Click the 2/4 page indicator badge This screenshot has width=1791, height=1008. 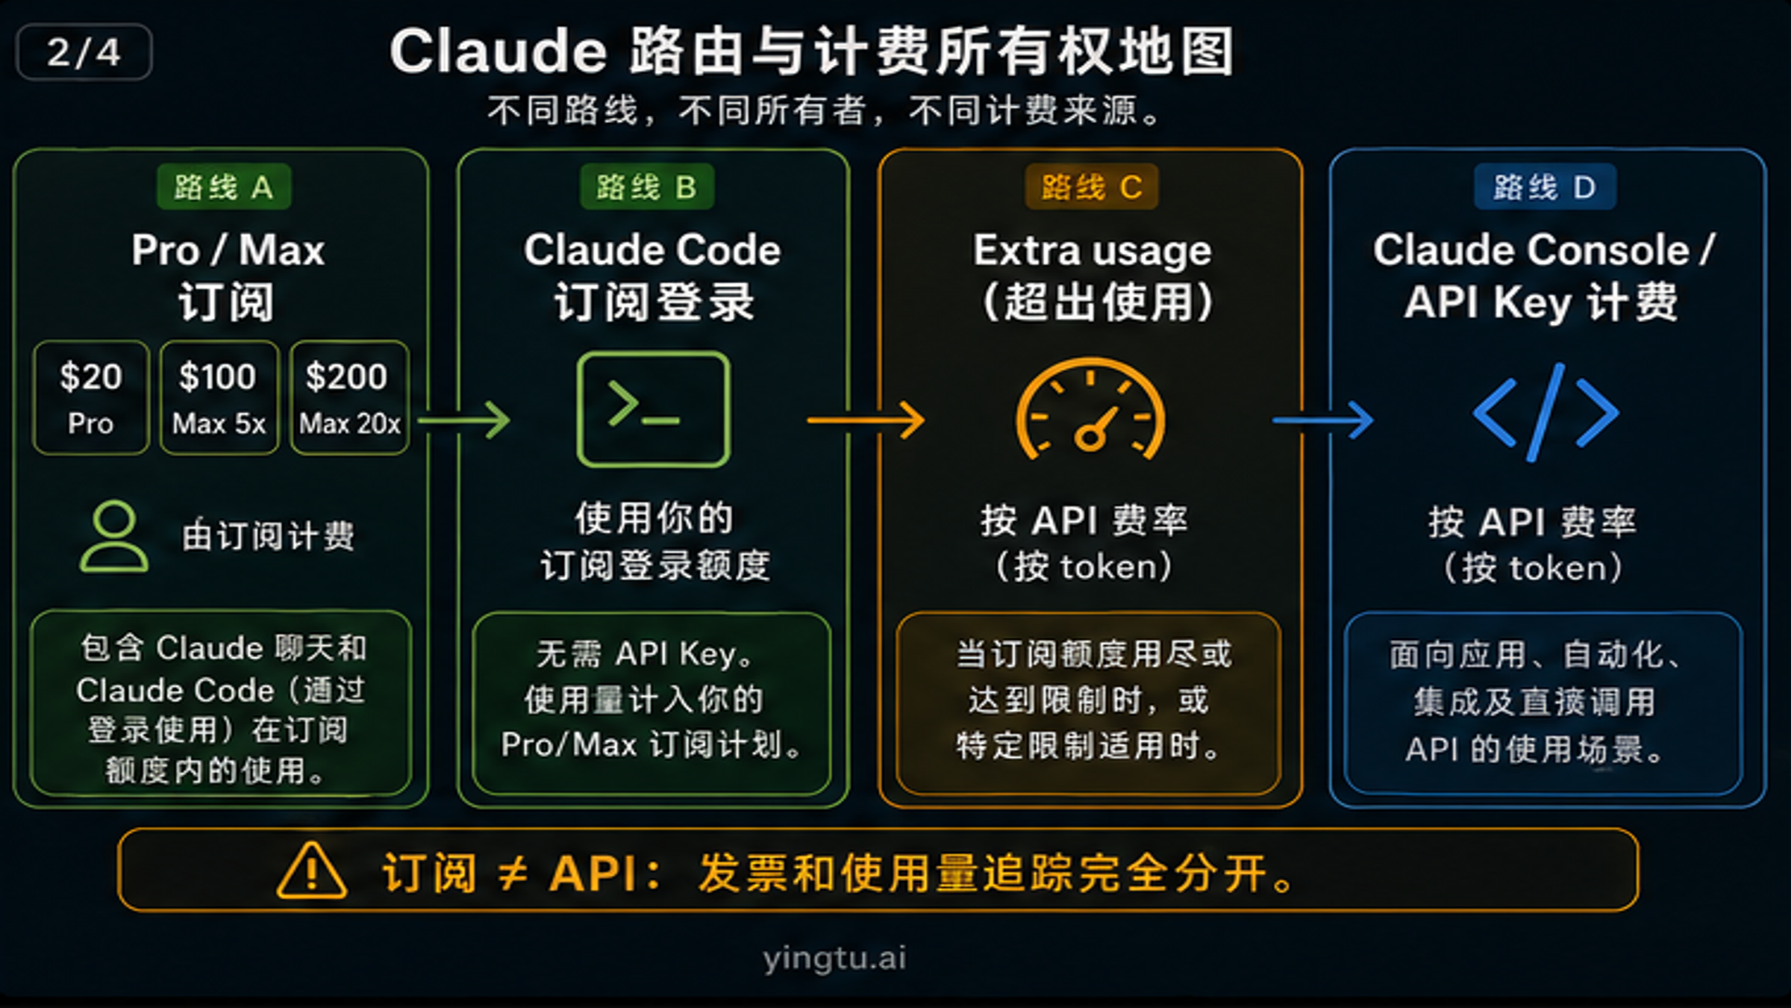(84, 52)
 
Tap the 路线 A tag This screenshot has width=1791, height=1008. (223, 187)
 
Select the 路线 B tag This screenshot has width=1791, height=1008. (646, 187)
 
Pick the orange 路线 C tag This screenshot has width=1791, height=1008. (1091, 187)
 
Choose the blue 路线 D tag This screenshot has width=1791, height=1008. (1545, 187)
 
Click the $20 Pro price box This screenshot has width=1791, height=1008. (91, 397)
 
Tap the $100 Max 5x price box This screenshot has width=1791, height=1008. (219, 397)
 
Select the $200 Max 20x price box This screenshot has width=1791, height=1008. (349, 397)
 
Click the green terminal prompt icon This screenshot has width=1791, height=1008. (653, 409)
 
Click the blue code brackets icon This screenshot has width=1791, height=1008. (1545, 412)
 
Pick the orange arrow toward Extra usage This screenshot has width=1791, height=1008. (866, 420)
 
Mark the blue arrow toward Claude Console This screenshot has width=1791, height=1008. (1322, 420)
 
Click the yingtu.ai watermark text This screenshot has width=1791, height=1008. (834, 957)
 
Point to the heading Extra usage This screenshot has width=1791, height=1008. (1092, 250)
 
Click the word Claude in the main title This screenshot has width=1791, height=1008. (498, 52)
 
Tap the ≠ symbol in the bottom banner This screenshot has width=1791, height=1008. (513, 872)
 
